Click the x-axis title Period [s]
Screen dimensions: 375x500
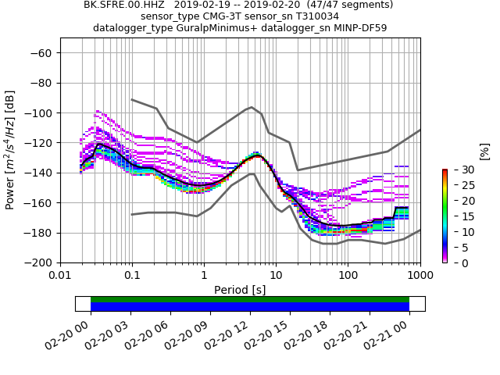coord(240,290)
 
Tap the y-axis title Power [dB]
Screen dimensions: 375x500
coord(10,150)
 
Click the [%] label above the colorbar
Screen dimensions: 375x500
coord(484,151)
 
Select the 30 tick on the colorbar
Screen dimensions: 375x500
coord(457,170)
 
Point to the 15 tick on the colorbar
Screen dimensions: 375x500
coord(457,216)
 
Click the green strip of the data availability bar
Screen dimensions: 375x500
coord(250,299)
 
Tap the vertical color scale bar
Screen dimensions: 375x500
coord(445,216)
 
